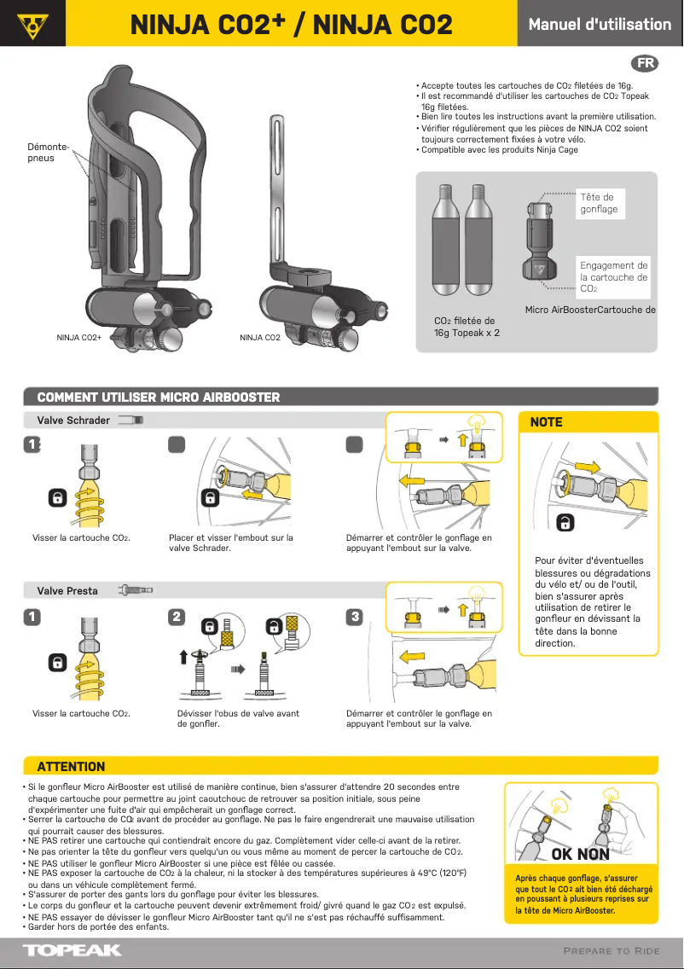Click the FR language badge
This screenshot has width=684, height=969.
646,64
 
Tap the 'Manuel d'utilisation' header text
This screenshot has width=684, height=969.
600,24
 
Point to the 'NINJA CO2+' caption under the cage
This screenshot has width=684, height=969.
79,338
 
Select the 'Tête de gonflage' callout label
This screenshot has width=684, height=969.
599,203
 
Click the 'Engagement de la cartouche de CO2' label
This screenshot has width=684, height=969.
613,277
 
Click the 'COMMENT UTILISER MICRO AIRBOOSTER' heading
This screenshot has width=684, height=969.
159,397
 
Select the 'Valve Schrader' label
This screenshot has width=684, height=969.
73,421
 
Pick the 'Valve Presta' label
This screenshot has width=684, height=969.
67,591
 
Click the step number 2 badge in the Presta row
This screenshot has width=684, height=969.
177,616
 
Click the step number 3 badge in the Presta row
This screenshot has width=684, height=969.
355,616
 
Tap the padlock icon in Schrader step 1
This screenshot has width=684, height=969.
57,497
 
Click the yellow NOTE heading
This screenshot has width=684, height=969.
547,422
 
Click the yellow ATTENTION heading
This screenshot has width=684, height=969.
72,766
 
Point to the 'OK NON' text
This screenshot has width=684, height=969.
580,854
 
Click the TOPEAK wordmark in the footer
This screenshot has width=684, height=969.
72,950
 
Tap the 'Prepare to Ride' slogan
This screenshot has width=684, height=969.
612,951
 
